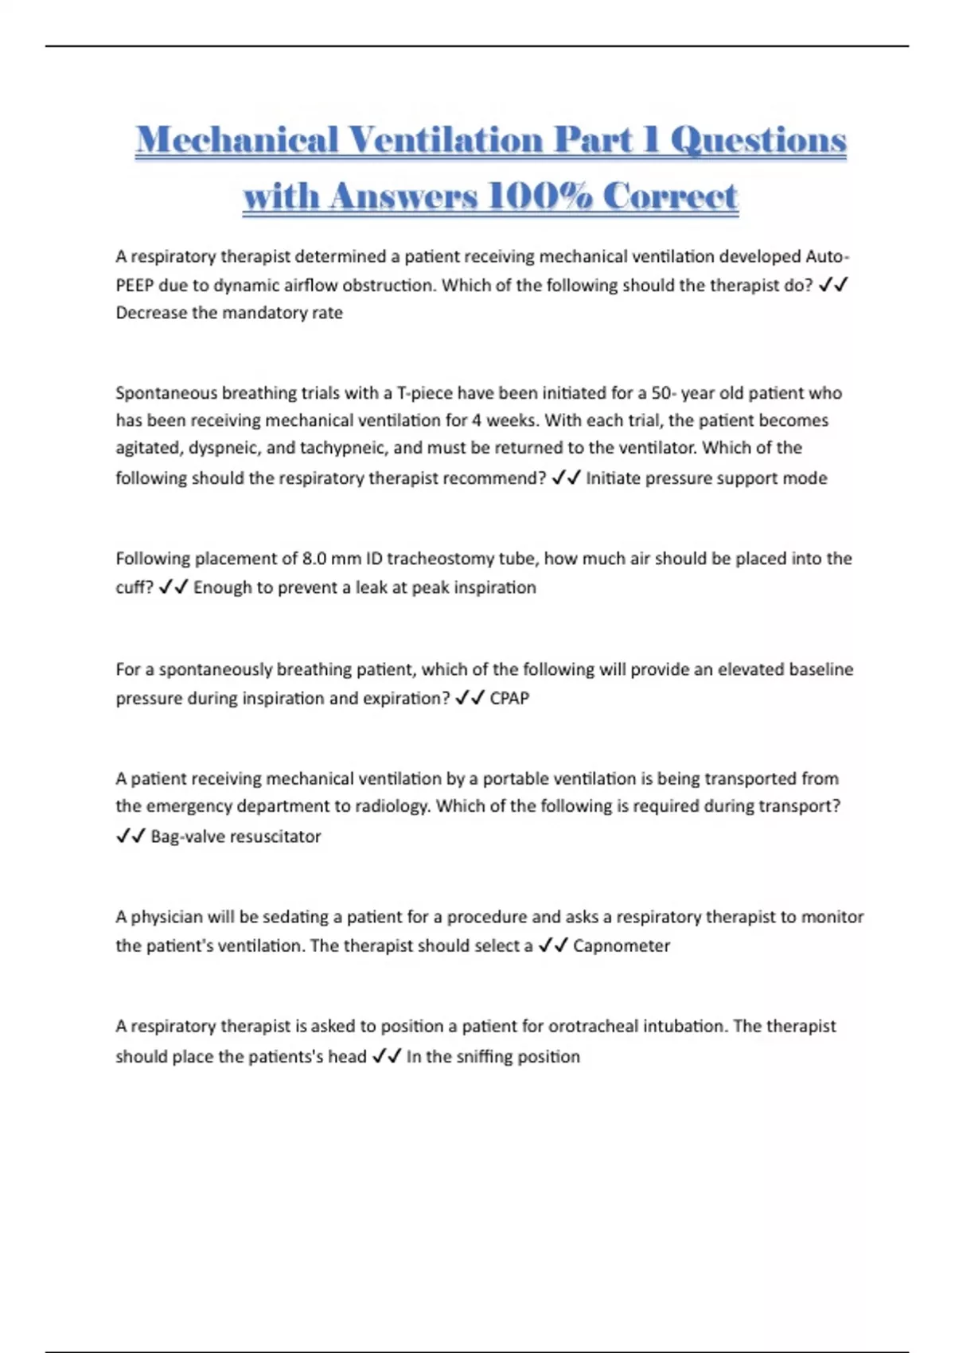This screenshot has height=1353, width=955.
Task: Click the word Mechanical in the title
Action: (236, 140)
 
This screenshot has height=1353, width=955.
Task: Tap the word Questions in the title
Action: (758, 140)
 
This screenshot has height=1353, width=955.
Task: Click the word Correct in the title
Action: (670, 196)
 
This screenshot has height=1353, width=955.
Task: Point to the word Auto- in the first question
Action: (828, 256)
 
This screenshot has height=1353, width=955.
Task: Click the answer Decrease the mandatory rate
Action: (229, 313)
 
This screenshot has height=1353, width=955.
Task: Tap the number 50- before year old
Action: (664, 393)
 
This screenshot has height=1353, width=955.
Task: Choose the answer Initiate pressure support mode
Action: (707, 478)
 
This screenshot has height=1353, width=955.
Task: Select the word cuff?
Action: (134, 587)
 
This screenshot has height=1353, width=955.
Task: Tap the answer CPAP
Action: (509, 698)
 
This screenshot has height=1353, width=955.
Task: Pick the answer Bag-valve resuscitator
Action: (236, 836)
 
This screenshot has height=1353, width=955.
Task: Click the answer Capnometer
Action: (622, 946)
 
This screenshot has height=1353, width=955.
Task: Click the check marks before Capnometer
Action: (552, 946)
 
